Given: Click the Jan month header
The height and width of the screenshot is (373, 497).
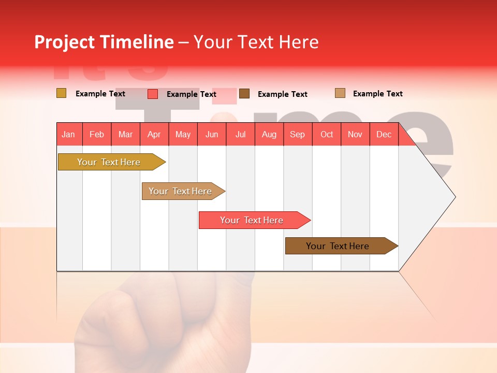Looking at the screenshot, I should point(68,135).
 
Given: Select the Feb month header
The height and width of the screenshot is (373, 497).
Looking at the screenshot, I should point(97,135).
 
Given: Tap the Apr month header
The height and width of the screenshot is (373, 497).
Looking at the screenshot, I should point(154,135).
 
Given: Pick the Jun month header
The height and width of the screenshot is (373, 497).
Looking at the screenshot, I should point(212,135).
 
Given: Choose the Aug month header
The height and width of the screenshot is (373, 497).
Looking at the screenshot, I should point(269,135).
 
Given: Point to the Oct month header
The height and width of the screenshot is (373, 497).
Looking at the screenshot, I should point(327,135).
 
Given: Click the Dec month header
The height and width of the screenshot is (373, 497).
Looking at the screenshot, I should point(384,135).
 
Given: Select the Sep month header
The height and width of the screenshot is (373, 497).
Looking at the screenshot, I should point(298,135).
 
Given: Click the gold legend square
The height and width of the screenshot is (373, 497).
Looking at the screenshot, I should point(62,93).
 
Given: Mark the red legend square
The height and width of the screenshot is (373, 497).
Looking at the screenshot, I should point(153,94).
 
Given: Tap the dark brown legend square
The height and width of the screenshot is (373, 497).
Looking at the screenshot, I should point(244,94).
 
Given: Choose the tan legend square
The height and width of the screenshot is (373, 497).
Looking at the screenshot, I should point(340,93).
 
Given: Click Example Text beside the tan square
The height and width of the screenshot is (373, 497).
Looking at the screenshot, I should point(377,94).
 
